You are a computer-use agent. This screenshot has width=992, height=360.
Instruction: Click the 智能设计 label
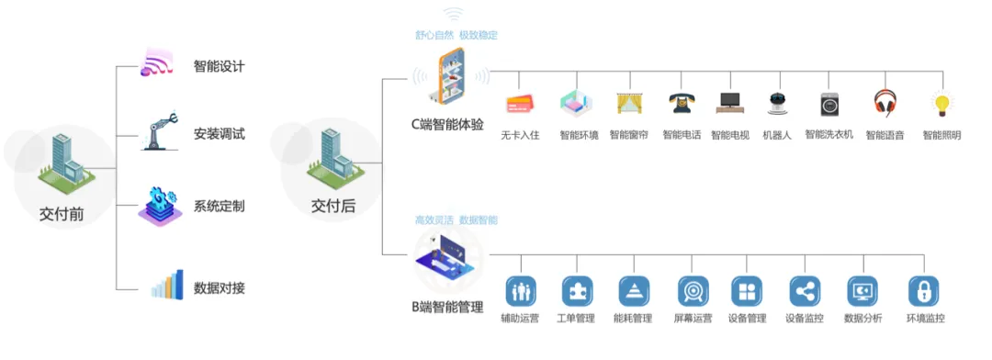[x=219, y=67]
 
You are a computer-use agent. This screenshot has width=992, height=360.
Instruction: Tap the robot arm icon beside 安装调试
[x=158, y=131]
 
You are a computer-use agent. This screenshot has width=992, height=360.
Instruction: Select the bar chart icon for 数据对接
[x=167, y=286]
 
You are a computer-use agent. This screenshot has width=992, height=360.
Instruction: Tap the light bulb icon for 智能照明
[x=940, y=103]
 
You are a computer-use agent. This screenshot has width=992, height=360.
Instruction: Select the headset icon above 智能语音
[x=885, y=103]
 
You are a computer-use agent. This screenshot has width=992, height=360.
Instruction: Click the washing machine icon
[x=829, y=104]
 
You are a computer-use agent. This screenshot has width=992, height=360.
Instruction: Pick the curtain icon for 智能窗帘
[x=628, y=103]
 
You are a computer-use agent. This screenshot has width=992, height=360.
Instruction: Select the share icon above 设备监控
[x=804, y=291]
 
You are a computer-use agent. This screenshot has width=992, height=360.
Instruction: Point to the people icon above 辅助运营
[x=520, y=291]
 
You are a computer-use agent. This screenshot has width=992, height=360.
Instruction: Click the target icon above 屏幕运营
[x=692, y=291]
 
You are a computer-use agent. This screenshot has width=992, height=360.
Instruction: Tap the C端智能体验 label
[x=447, y=124]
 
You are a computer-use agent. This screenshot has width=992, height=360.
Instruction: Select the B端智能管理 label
[x=447, y=307]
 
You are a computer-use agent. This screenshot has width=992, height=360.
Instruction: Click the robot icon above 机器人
[x=778, y=104]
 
